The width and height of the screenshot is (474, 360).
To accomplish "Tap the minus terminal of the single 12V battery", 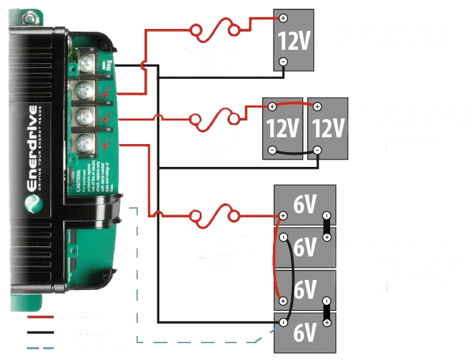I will click(x=283, y=61).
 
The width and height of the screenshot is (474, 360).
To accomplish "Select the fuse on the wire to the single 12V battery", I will click(x=214, y=30).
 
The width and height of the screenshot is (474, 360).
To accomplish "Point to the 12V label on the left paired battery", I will click(x=282, y=127).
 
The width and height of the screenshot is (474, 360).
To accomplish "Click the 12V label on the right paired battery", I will click(x=328, y=127).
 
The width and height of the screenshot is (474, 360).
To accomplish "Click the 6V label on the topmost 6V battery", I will click(x=305, y=205).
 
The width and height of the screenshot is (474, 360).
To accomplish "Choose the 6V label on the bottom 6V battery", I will click(x=305, y=332).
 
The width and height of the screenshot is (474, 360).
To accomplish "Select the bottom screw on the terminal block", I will click(x=84, y=142).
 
